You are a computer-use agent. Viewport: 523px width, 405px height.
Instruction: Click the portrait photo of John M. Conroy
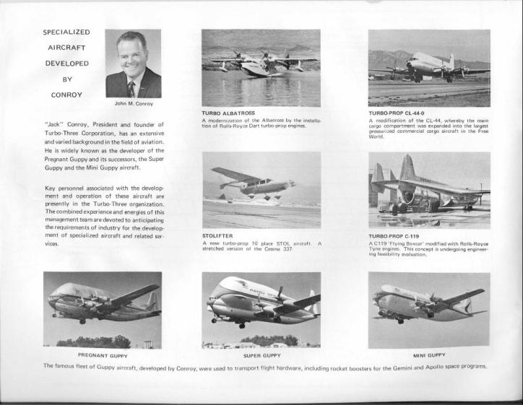point(133,64)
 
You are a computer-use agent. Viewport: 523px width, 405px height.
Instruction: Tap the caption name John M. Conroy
point(134,103)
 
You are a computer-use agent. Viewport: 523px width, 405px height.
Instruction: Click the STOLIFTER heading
point(217,235)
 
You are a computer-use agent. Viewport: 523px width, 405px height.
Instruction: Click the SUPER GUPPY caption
point(261,354)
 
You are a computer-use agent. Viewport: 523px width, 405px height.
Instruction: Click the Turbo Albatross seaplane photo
point(261,68)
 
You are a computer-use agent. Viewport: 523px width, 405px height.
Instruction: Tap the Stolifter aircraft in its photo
point(249,183)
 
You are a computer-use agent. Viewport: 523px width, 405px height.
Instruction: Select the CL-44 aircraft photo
point(428,68)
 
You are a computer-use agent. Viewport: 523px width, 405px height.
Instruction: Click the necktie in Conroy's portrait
point(131,88)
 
